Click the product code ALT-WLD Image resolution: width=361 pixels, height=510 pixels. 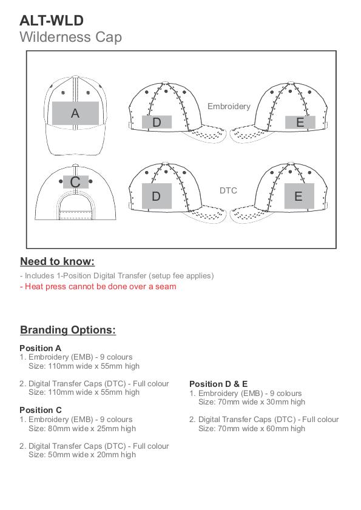coord(52,21)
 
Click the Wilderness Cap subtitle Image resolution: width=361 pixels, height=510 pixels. coord(70,37)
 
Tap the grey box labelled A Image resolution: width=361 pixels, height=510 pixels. coord(75,113)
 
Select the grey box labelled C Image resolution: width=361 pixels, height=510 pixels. coord(75,182)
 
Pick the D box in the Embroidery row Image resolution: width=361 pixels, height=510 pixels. coord(157,122)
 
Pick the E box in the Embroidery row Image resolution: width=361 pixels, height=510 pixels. coord(300,122)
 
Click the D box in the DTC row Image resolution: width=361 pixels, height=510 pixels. coord(157,196)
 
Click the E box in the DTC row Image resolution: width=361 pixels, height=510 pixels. coord(299,196)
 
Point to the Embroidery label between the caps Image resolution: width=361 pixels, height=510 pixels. coord(229,106)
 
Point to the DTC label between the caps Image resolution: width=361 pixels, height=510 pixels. coord(228,190)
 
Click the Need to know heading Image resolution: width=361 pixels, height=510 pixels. coord(57,261)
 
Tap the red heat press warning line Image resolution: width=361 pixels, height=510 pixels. coord(98,287)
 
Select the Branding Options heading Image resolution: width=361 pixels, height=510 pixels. coord(68,330)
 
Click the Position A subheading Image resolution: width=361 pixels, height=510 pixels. coord(41,348)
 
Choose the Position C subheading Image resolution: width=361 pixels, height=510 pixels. coord(41,410)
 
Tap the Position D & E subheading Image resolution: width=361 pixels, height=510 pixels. coord(218,384)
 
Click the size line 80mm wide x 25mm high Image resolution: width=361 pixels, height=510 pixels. coord(83,429)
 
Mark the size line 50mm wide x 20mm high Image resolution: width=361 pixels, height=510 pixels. coord(83,455)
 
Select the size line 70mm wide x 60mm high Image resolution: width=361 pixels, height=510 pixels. coord(252,429)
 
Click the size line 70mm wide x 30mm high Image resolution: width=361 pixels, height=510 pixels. coord(252,402)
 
